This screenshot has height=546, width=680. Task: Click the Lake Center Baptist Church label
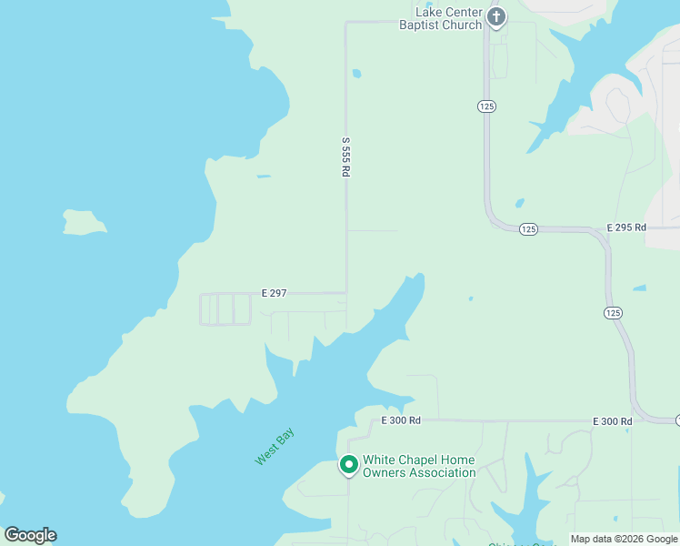pyautogui.click(x=441, y=18)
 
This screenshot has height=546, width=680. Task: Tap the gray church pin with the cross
pyautogui.click(x=495, y=17)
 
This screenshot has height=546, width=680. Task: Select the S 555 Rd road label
pyautogui.click(x=345, y=157)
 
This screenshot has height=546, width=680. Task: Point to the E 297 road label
pyautogui.click(x=274, y=293)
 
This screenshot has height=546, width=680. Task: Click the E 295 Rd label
pyautogui.click(x=626, y=227)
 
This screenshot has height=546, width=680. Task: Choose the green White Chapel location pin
pyautogui.click(x=348, y=465)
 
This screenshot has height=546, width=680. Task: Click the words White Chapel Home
pyautogui.click(x=418, y=460)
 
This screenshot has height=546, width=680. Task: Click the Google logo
pyautogui.click(x=30, y=535)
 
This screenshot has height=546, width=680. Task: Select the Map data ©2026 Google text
pyautogui.click(x=624, y=539)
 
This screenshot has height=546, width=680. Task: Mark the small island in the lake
pyautogui.click(x=84, y=222)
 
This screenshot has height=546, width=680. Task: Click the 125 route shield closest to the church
pyautogui.click(x=486, y=106)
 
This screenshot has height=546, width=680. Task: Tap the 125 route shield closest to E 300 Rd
pyautogui.click(x=613, y=312)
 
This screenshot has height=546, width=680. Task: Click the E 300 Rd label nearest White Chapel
pyautogui.click(x=401, y=420)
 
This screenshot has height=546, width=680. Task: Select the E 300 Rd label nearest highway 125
pyautogui.click(x=612, y=421)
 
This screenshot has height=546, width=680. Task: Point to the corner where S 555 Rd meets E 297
pyautogui.click(x=346, y=293)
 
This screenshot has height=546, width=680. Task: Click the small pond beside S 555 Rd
pyautogui.click(x=356, y=74)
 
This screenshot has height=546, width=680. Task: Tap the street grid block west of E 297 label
pyautogui.click(x=225, y=309)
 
